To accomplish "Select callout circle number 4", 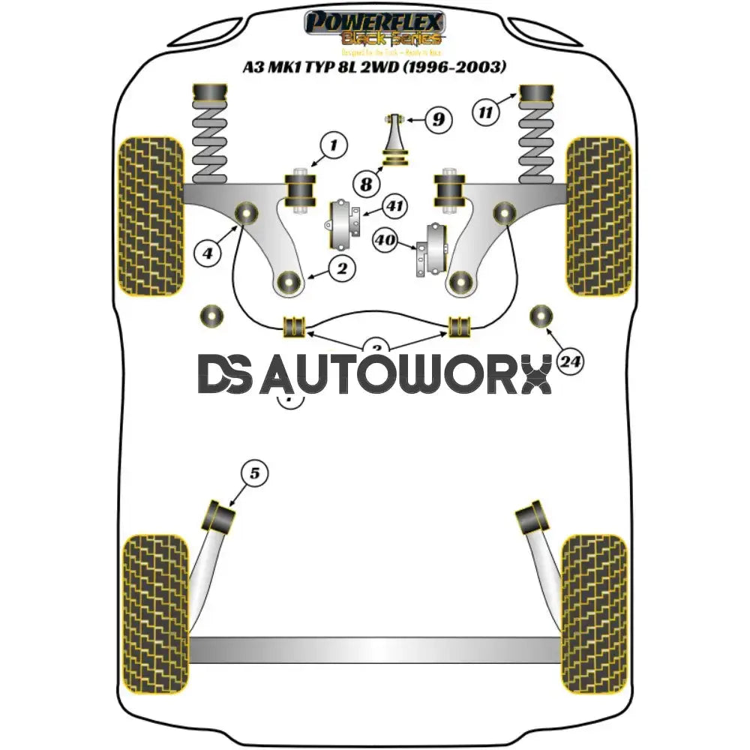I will pos(208,253).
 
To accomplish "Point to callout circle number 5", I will pos(254,473).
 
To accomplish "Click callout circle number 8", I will pos(365,183).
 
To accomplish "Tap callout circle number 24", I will pos(570,363).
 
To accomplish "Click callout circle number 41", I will pos(392,205).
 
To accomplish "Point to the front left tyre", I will pos(151,216).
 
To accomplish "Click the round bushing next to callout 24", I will pos(541,316).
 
